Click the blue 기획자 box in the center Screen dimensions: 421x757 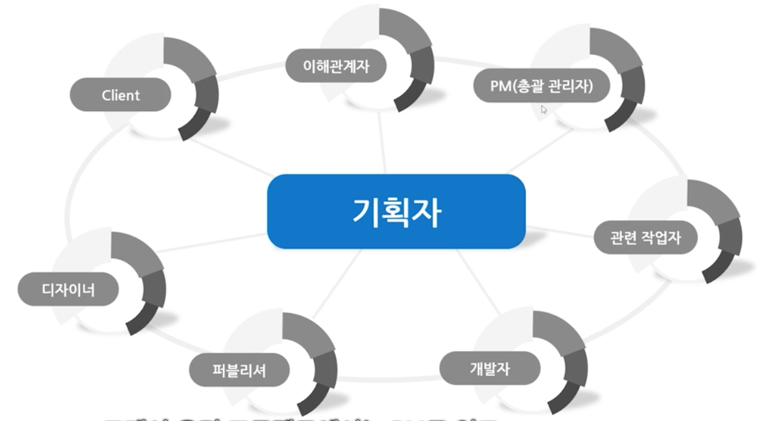(396, 211)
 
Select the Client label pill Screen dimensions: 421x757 (120, 96)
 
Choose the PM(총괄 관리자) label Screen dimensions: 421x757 (541, 86)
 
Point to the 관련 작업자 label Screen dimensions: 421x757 (645, 238)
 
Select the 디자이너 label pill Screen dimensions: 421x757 (68, 289)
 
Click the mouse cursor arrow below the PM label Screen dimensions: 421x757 (544, 110)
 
